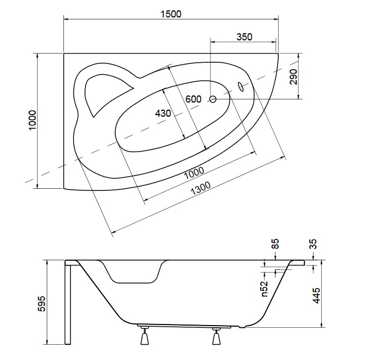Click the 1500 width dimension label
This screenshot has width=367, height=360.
pos(171,14)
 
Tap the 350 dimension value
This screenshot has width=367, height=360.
pos(244,37)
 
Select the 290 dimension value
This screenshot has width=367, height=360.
pos(293,77)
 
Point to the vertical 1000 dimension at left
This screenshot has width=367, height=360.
pos(32,121)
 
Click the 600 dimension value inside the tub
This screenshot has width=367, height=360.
pos(194,99)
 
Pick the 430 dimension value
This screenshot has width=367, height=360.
pos(163,113)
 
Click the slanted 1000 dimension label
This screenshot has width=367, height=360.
pos(194,173)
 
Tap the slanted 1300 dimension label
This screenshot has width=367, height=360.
pos(201,188)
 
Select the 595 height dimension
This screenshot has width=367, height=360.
pos(41,304)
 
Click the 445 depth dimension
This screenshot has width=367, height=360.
pos(316,296)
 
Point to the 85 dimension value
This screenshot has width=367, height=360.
pos(275,244)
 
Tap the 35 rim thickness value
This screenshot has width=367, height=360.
pos(313,244)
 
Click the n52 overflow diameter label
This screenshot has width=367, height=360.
pos(264,289)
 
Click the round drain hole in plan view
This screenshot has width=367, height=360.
pos(213,99)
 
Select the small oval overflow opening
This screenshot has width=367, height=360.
pos(241,87)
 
